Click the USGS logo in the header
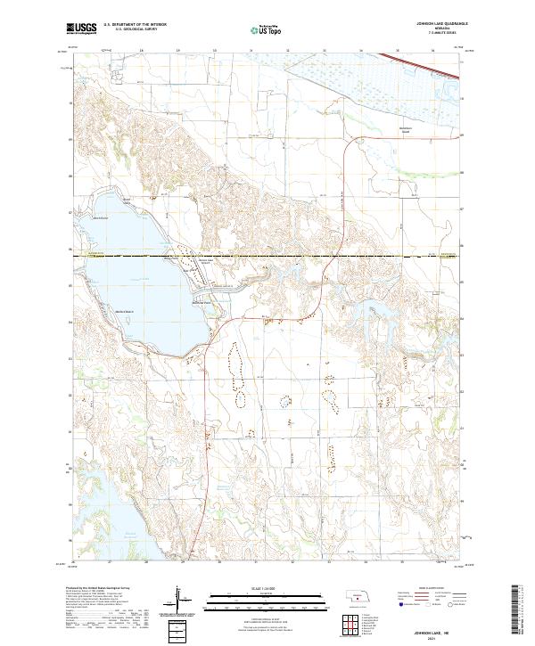81,29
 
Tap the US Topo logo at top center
266,29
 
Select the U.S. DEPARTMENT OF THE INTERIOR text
133,26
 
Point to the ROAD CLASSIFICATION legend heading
431,590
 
